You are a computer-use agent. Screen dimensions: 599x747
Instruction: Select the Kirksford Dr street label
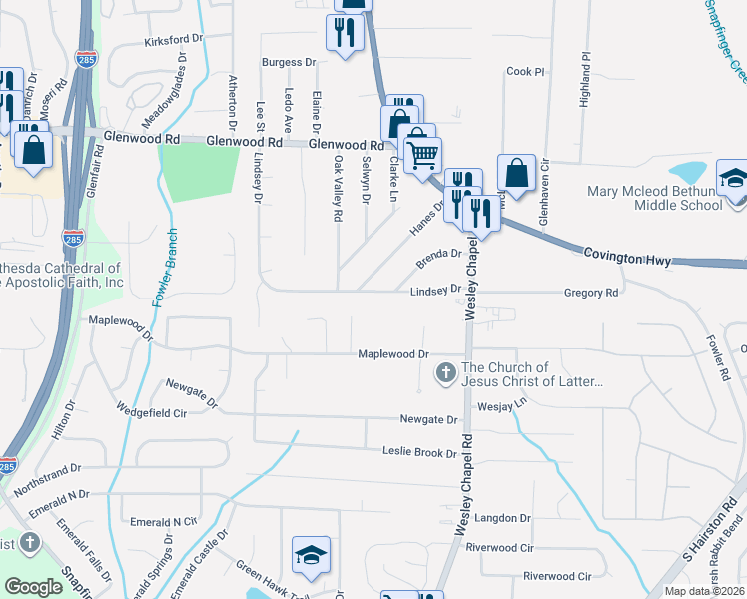coord(174,41)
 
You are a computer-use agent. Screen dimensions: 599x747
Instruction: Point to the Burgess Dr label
coord(289,62)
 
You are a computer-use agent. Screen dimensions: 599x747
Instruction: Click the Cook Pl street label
coord(526,72)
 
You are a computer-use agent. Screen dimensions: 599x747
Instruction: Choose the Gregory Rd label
coord(591,293)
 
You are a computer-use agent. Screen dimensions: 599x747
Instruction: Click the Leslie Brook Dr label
coord(419,452)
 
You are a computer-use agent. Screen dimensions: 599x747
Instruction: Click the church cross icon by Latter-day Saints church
coord(445,374)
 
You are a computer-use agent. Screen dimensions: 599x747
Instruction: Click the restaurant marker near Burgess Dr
coord(345,33)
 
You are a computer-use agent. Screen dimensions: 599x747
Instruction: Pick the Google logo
coord(34,586)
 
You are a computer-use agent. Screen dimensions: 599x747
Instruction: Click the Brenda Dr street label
coord(439,254)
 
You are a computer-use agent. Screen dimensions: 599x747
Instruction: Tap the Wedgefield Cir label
coord(152,411)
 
